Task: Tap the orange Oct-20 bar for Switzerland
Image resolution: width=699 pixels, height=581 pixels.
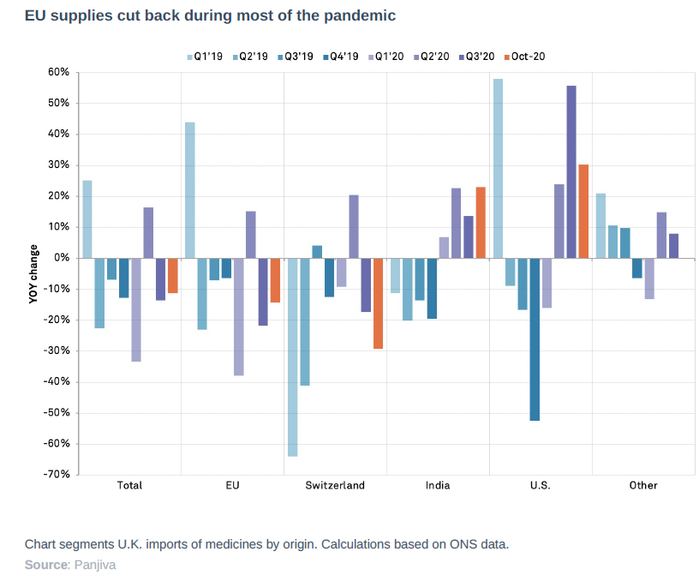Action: (378, 303)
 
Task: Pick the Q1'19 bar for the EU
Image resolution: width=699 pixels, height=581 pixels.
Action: (189, 190)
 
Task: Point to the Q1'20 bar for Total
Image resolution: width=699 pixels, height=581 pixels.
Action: (135, 309)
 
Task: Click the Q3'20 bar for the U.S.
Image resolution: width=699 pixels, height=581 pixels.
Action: (571, 171)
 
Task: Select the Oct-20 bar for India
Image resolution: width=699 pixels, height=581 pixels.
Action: (481, 222)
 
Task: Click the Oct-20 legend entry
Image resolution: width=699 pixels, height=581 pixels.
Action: (523, 57)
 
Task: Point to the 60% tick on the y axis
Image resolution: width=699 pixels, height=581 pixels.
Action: (57, 73)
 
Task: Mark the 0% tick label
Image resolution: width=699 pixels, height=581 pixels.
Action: (61, 258)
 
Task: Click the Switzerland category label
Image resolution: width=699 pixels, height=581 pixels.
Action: (335, 486)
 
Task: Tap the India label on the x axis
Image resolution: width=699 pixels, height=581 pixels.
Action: (438, 486)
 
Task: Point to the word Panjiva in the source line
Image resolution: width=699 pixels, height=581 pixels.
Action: (95, 565)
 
